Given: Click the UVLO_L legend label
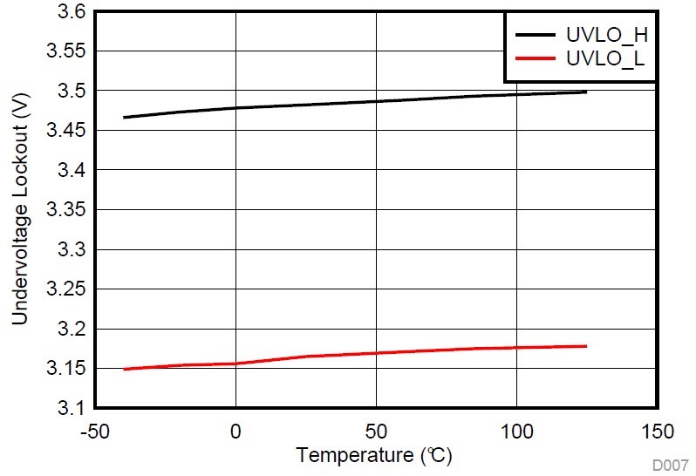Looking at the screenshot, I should tap(607, 59).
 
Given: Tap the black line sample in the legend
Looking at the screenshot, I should tap(534, 36).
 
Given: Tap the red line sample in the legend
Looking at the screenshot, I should tap(534, 59).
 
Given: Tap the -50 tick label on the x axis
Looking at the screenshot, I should tap(94, 432).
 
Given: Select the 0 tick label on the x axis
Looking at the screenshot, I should tap(235, 432).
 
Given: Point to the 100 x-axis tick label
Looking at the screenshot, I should tap(516, 432).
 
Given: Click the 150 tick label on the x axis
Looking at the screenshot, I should tap(657, 432).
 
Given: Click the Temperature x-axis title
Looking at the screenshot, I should tap(374, 455).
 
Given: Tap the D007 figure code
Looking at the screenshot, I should tap(672, 466).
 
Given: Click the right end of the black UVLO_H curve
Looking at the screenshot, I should tap(586, 92).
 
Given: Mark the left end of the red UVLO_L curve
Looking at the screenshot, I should tap(124, 369).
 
